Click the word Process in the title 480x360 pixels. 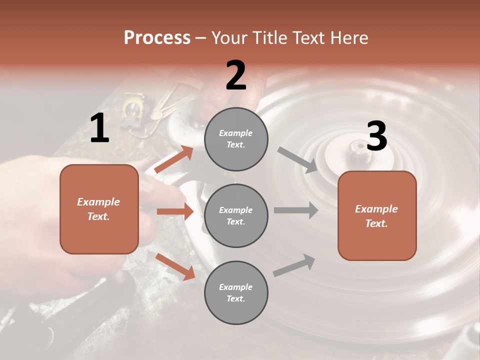point(157,37)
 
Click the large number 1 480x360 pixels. point(99,128)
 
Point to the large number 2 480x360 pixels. point(236,75)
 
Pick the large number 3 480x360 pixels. point(376,136)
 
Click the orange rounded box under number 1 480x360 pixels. point(99,209)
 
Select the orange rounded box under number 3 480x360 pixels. point(377,215)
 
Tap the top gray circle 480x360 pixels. point(236,139)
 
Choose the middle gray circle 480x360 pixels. point(236,215)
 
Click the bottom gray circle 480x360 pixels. point(236,292)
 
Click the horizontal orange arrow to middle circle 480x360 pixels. point(175,211)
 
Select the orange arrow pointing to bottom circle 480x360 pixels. point(175,266)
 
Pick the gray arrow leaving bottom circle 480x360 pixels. point(294,265)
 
